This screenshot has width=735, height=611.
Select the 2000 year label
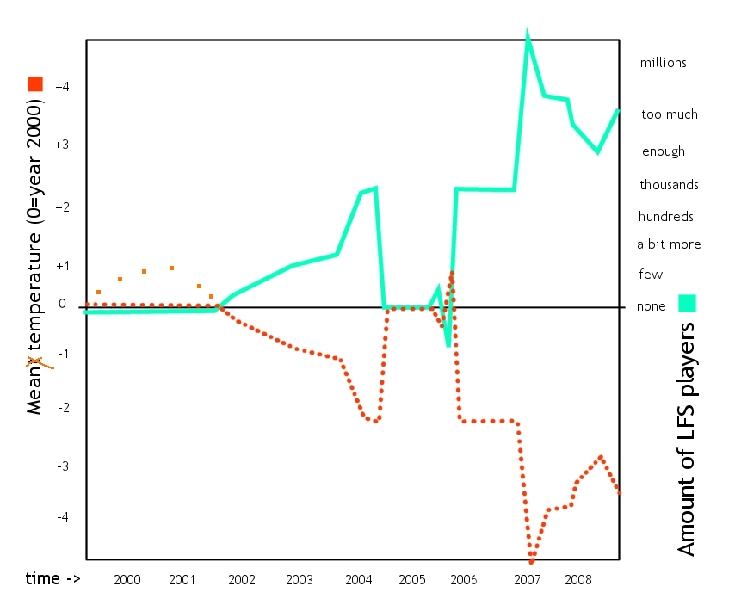pos(127,579)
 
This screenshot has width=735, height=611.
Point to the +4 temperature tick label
pos(61,86)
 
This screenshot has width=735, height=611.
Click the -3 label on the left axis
pos(61,466)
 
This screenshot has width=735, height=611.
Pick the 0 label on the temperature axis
pos(62,304)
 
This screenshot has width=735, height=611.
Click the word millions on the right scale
pos(663,63)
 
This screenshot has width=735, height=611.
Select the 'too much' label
pos(670,114)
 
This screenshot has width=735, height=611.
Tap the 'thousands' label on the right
pos(669,185)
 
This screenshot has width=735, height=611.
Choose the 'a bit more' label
pos(669,244)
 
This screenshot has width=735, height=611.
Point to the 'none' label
pos(651,306)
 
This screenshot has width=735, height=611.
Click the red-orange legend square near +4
pos(35,83)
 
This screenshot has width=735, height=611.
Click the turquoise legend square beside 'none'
pos(687,303)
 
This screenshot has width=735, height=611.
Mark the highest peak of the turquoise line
pos(527,36)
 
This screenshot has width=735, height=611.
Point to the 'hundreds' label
pos(665,217)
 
